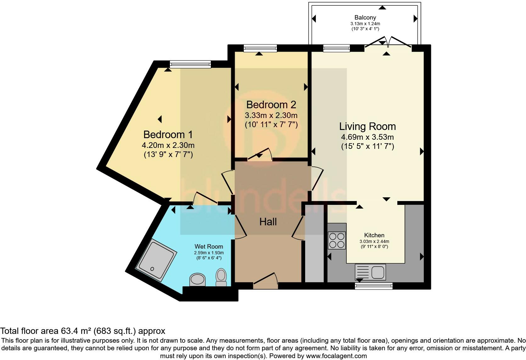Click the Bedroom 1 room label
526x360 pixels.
click(168, 135)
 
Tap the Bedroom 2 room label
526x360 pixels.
click(271, 105)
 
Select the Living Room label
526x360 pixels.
click(367, 127)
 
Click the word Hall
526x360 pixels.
click(268, 222)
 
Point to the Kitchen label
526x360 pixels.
click(374, 235)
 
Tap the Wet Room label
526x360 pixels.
click(209, 246)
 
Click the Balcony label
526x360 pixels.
click(365, 18)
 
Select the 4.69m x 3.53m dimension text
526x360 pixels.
click(367, 137)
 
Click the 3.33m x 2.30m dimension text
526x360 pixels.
click(271, 115)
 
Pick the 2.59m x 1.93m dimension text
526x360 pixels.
click(209, 253)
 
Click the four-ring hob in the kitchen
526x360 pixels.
click(337, 240)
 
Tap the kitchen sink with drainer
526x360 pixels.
click(370, 272)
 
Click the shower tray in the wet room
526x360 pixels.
click(156, 260)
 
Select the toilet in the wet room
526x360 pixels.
click(221, 277)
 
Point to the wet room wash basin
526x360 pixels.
click(197, 279)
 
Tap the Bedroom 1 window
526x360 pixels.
click(190, 64)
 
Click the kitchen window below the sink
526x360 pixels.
click(374, 286)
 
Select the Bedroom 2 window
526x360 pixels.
click(260, 48)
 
